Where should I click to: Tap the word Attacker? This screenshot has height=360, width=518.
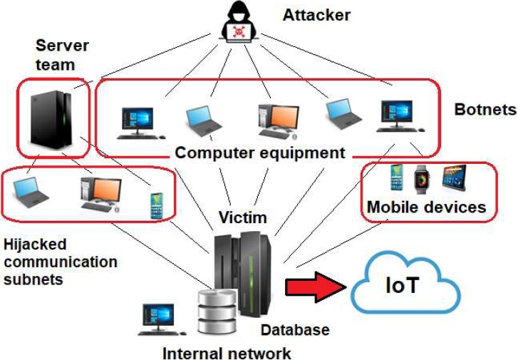click(316, 14)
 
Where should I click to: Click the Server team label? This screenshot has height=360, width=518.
click(62, 55)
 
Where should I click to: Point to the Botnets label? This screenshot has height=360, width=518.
click(485, 110)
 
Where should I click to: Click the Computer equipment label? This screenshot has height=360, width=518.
click(260, 153)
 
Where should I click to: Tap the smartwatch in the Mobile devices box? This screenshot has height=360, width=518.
click(422, 178)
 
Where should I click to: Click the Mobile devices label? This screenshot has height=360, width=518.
click(426, 207)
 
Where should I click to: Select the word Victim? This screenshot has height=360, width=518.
click(243, 216)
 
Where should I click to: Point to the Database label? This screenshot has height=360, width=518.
click(295, 329)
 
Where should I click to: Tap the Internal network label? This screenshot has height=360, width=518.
click(227, 352)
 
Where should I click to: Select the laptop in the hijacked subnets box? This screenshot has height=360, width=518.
click(31, 190)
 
